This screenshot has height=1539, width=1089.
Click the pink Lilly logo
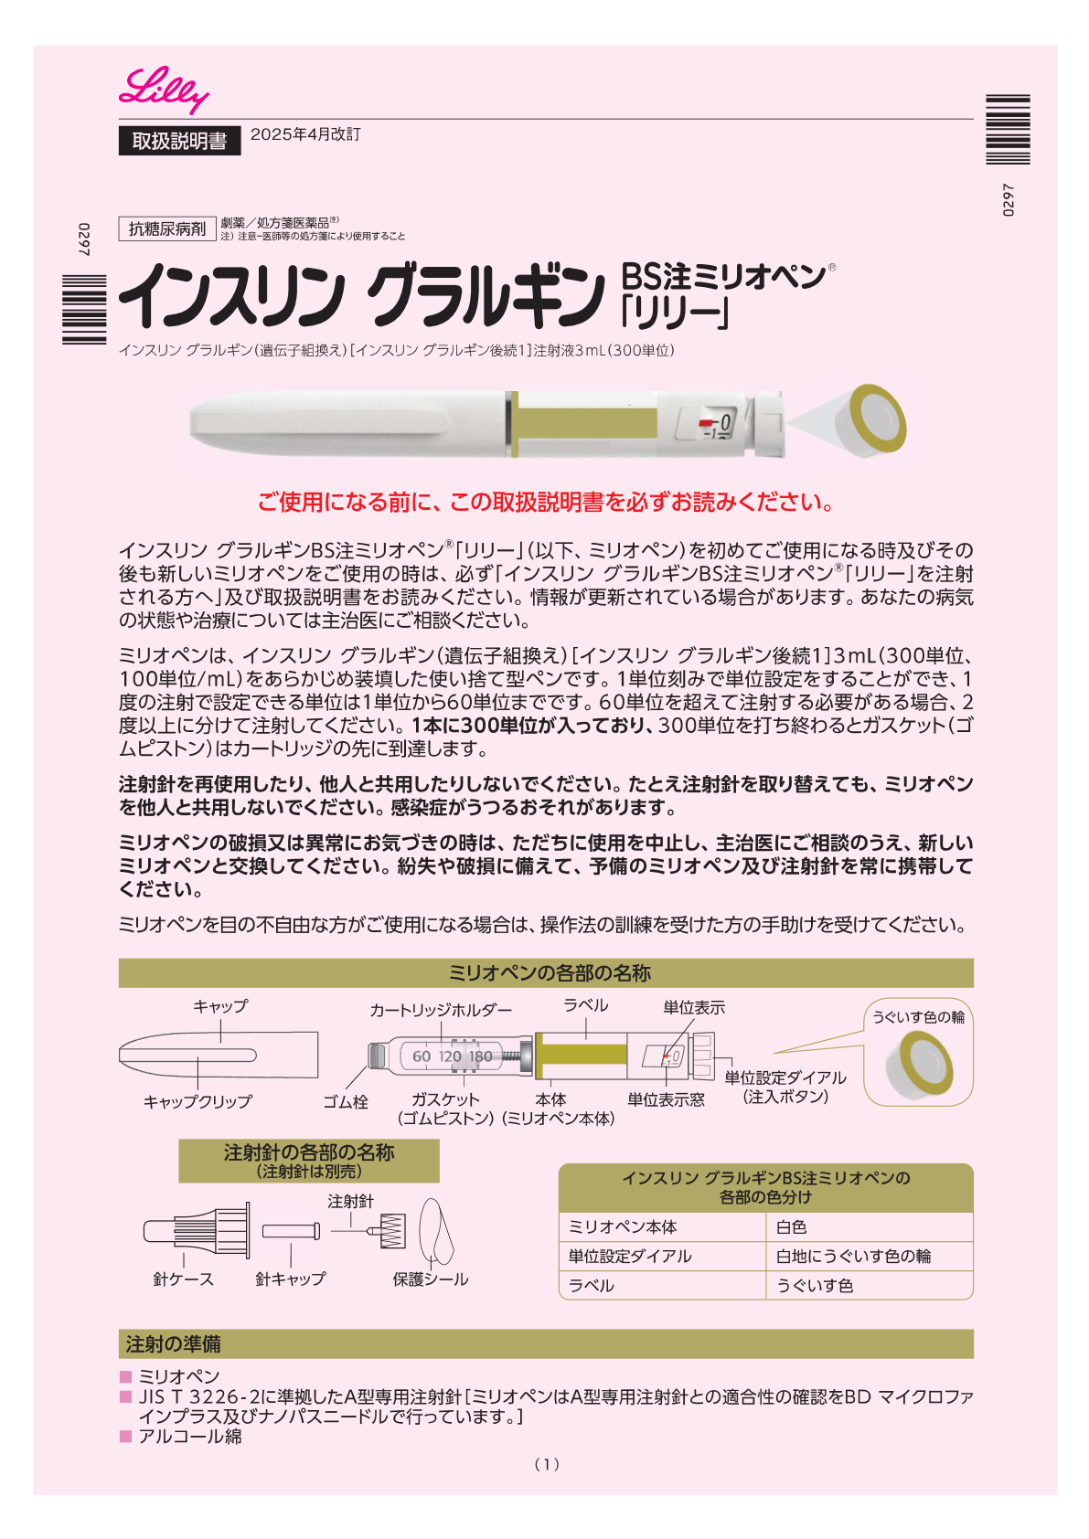click(x=164, y=90)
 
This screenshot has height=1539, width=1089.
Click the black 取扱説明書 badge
click(x=179, y=141)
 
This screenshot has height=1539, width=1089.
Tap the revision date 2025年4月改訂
click(x=305, y=134)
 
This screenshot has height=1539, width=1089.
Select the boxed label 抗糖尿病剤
click(x=167, y=228)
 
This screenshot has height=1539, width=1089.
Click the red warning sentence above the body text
click(x=546, y=502)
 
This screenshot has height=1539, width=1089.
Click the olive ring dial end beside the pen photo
click(x=877, y=419)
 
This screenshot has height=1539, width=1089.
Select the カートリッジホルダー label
click(x=441, y=1009)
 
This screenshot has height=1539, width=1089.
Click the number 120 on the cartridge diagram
click(x=450, y=1056)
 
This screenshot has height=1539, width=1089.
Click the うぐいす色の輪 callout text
click(x=918, y=1017)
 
